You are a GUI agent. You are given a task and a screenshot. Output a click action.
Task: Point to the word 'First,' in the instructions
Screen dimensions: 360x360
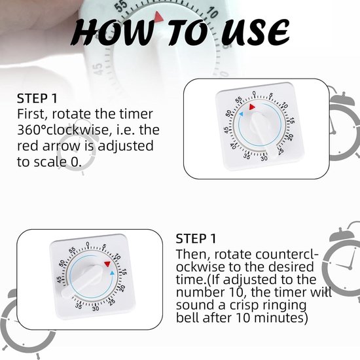pyautogui.click(x=32, y=115)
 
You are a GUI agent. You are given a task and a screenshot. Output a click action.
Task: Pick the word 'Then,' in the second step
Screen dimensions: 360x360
pyautogui.click(x=193, y=254)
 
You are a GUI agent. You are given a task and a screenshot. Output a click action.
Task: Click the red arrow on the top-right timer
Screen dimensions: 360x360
pyautogui.click(x=253, y=105)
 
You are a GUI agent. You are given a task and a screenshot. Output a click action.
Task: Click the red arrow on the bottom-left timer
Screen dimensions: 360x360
pyautogui.click(x=107, y=263)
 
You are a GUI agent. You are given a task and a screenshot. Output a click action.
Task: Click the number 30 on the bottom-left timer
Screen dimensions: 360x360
pyautogui.click(x=96, y=308)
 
